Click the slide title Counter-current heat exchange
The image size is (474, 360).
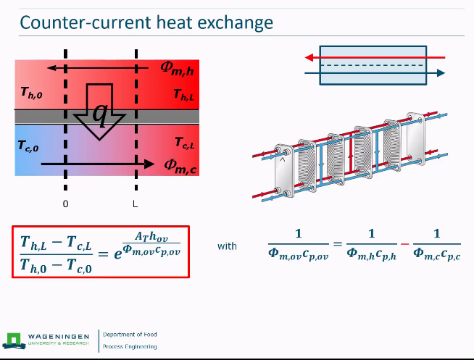click(146, 22)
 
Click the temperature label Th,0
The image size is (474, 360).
click(32, 93)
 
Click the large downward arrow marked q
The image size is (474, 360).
click(101, 112)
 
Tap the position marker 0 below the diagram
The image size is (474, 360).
click(65, 204)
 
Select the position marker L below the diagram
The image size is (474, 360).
click(135, 204)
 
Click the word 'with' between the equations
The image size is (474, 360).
click(227, 246)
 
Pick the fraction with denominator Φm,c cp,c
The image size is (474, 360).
click(437, 245)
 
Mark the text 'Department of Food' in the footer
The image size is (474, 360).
click(130, 335)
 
